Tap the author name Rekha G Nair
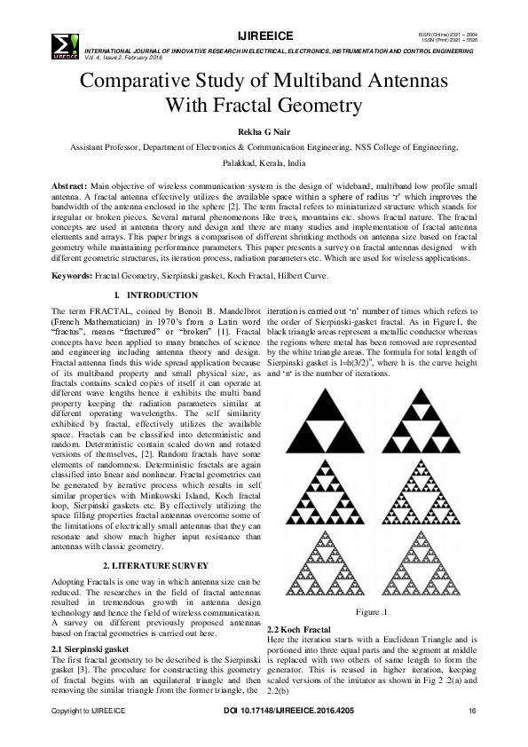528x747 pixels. point(264,133)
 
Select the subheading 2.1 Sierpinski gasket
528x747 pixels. point(93,649)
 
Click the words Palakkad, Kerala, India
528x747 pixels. point(264,164)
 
